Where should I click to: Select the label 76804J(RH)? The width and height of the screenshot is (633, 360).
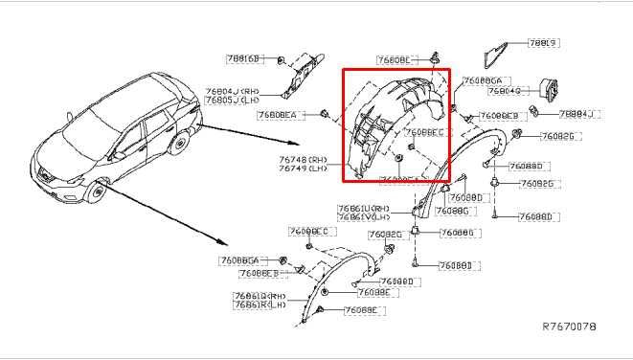click(232, 90)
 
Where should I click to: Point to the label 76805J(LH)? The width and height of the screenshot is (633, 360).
click(232, 100)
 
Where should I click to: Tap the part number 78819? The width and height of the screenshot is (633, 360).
click(543, 44)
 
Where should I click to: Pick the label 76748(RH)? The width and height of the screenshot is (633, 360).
click(303, 159)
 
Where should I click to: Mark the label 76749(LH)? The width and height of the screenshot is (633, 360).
click(303, 169)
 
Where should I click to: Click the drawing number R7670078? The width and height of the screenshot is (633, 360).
click(569, 327)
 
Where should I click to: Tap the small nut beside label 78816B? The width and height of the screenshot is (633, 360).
click(280, 61)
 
